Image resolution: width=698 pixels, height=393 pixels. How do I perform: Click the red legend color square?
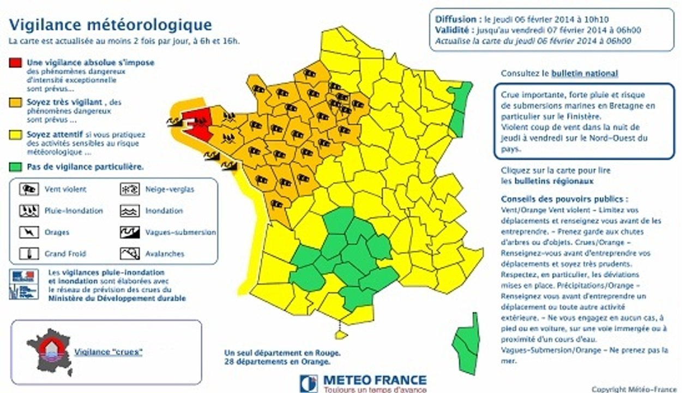tap(15, 63)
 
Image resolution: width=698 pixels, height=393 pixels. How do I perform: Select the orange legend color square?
tap(15, 102)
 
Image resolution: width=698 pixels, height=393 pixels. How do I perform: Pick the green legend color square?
tap(15, 167)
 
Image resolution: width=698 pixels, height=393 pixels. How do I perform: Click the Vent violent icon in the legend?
tap(28, 189)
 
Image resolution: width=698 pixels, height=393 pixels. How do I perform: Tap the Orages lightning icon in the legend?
tap(28, 233)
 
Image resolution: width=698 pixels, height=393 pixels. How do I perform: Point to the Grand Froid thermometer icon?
tap(28, 254)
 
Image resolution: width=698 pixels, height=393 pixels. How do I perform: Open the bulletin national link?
tap(585, 73)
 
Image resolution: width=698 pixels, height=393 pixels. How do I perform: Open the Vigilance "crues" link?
tap(108, 352)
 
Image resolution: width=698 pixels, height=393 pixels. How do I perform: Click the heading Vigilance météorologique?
tap(111, 25)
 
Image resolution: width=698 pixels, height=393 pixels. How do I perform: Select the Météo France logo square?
tap(308, 383)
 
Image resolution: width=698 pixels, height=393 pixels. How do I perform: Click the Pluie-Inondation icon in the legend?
tap(28, 211)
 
